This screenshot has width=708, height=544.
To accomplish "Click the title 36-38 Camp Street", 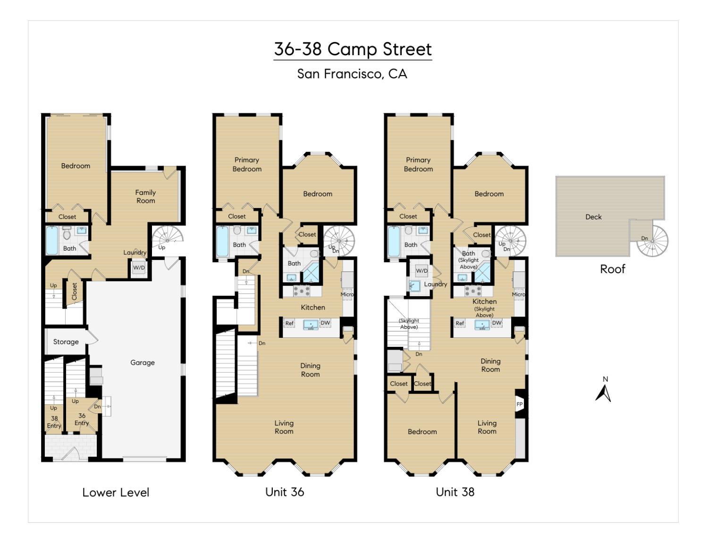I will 353,49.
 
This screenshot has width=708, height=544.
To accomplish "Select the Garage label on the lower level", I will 142,362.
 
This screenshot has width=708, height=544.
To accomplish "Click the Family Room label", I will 145,196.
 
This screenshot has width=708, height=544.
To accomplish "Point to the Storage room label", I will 66,342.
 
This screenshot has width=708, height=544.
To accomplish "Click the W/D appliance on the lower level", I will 138,268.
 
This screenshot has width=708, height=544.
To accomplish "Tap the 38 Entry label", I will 54,422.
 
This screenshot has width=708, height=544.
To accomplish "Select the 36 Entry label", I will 82,419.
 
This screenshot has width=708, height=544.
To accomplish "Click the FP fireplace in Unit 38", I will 519,404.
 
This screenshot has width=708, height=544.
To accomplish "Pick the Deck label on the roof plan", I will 593,217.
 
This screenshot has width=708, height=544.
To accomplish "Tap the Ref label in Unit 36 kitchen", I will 289,323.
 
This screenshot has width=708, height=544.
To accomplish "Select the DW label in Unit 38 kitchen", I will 497,323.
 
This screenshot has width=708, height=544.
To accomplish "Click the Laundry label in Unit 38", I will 435,284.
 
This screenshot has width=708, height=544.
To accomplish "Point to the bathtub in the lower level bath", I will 52,241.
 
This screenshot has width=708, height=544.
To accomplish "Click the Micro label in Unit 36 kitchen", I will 347,294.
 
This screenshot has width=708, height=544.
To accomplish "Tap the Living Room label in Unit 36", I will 284,427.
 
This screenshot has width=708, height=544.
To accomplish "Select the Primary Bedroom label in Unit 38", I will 418,164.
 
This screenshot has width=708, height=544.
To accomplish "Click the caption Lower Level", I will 116,492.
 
